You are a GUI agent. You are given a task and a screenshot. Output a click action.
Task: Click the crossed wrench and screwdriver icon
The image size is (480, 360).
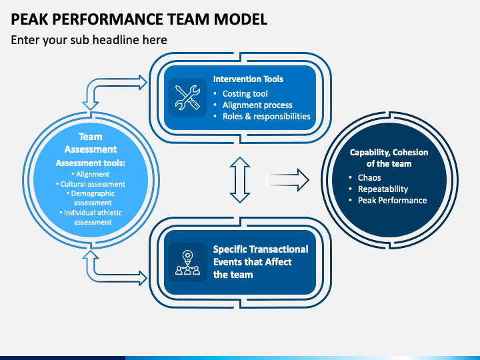[187, 97]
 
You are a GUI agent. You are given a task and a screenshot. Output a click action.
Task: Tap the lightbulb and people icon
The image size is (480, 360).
[187, 263]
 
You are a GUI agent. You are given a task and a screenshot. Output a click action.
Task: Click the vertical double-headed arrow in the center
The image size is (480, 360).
[240, 180]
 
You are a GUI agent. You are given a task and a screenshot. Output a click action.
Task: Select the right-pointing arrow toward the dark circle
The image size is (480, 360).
[287, 180]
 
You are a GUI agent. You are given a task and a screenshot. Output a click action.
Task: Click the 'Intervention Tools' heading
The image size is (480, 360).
[248, 79]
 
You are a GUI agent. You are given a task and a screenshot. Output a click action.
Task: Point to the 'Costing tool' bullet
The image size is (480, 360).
[245, 93]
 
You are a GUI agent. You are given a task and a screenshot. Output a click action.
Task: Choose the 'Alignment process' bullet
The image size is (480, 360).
[257, 105]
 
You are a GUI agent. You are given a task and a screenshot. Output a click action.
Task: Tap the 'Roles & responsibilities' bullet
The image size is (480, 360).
[266, 116]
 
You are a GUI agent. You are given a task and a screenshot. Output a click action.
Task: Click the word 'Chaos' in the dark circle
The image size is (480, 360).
[369, 177]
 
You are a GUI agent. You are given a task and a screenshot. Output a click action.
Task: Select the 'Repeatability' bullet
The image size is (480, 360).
[383, 189]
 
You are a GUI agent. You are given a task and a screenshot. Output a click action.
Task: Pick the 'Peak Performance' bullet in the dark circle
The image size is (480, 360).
[393, 200]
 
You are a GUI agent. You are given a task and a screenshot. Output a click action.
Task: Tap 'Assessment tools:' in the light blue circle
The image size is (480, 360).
[91, 163]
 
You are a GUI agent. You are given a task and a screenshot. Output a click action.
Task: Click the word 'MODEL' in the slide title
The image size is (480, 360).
[241, 19]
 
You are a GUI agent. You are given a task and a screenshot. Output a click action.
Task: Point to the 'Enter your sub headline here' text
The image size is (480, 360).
[89, 40]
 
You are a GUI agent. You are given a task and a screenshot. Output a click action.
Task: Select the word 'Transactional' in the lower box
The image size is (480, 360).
[277, 249]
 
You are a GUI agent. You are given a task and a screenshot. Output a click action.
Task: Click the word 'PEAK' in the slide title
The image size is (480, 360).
[30, 19]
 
